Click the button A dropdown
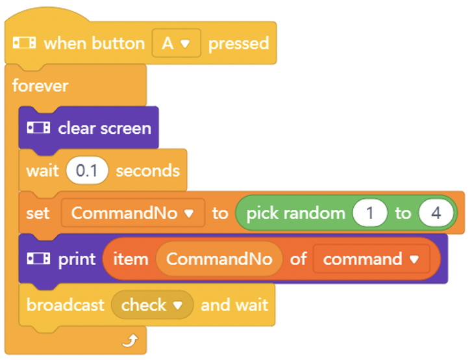[x=176, y=43]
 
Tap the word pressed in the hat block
[x=238, y=44]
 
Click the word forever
[x=40, y=86]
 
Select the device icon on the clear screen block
[x=38, y=127]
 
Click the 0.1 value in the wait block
[x=87, y=171]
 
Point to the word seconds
[x=148, y=171]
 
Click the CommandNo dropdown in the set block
[x=133, y=213]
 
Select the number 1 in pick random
[x=369, y=213]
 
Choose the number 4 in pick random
[x=436, y=213]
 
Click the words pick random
[x=295, y=213]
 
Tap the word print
[x=77, y=259]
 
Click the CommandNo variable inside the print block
[x=219, y=259]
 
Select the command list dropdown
[x=371, y=259]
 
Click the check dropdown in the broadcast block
[x=152, y=305]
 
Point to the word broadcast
[x=66, y=305]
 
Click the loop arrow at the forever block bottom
[x=131, y=341]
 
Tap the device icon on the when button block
[x=24, y=43]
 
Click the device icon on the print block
[x=38, y=259]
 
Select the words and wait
[x=234, y=305]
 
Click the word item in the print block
[x=131, y=259]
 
